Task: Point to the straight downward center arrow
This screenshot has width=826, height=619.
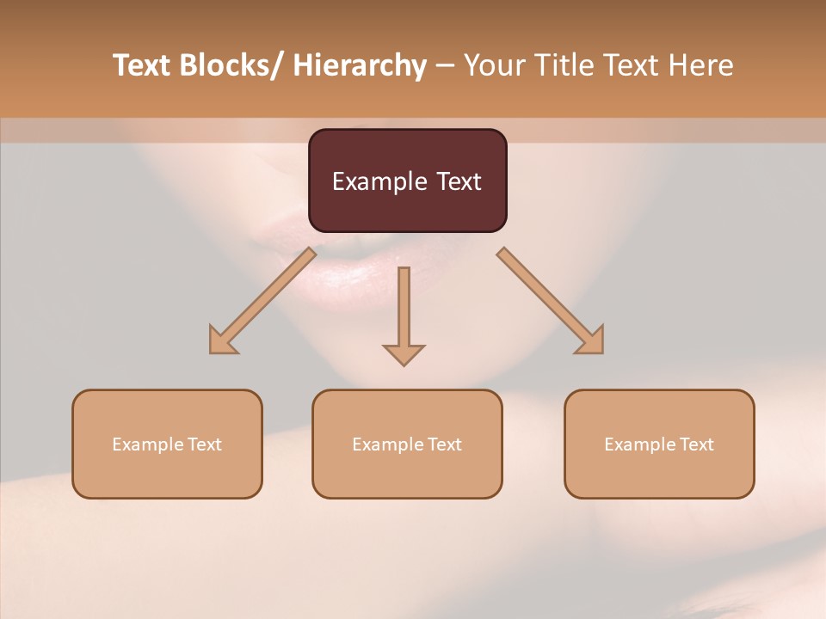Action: [x=404, y=309]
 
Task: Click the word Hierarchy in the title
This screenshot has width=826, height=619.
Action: [x=360, y=65]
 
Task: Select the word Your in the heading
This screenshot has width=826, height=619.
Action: [x=494, y=65]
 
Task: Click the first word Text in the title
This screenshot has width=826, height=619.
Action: [x=143, y=65]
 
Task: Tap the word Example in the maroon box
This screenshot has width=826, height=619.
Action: [x=379, y=181]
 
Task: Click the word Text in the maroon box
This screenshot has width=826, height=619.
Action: [x=458, y=181]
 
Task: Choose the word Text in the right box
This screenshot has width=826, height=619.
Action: [x=696, y=444]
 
